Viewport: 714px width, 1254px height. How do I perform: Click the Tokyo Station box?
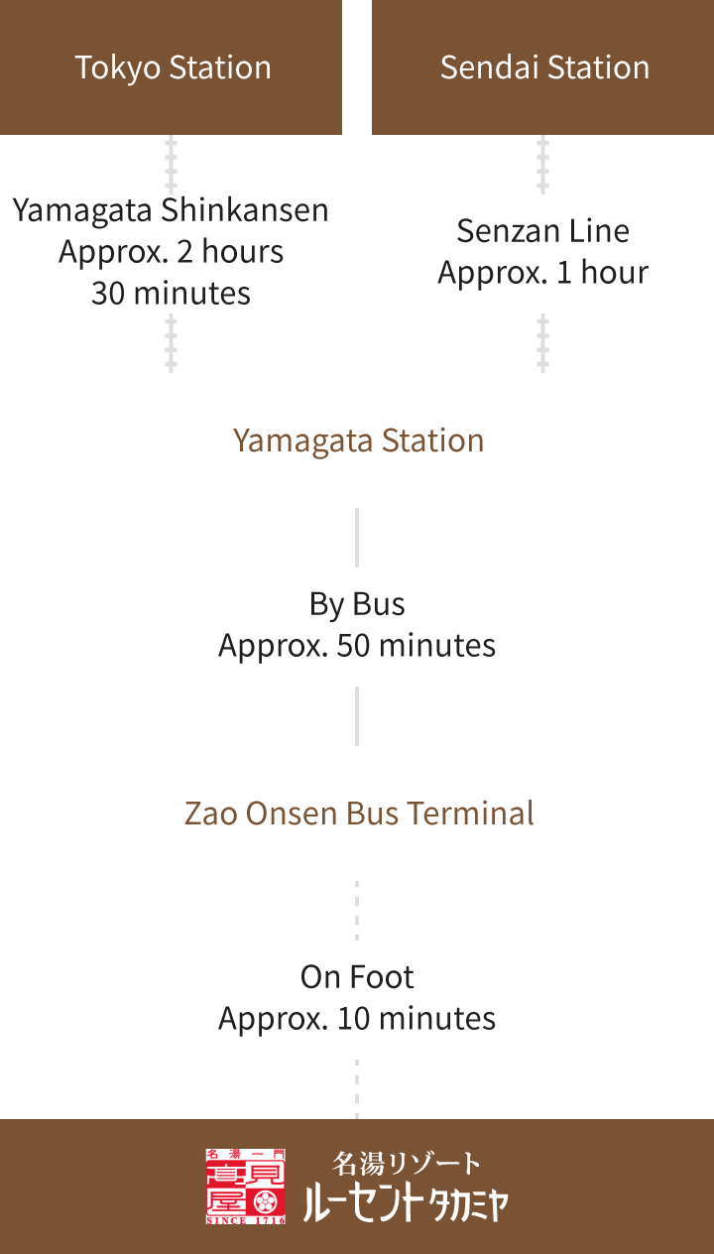tap(172, 67)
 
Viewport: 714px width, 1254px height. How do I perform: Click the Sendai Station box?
tap(543, 67)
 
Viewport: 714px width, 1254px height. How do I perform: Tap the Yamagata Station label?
tap(358, 440)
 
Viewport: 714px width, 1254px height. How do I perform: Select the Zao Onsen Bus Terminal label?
tap(358, 814)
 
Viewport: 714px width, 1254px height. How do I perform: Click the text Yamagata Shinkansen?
tap(171, 210)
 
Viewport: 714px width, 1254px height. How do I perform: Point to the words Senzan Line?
tap(542, 231)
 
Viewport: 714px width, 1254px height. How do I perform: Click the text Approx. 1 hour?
tap(542, 273)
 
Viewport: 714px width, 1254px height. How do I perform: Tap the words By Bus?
tap(357, 603)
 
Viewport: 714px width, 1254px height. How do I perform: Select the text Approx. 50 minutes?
tap(357, 646)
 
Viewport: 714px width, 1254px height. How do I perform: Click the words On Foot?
tap(357, 977)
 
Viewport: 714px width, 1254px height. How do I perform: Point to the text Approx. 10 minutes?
tap(357, 1019)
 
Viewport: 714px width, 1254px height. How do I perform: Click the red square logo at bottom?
tap(246, 1187)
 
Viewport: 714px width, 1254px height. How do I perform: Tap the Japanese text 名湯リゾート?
tap(407, 1163)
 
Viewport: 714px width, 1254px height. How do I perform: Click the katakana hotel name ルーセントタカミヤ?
tap(407, 1203)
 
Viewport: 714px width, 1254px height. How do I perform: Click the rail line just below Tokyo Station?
tap(172, 164)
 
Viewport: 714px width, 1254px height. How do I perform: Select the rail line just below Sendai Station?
tap(542, 164)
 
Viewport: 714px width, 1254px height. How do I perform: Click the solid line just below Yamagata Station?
tap(357, 537)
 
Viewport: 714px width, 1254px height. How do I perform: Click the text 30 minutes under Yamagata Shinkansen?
tap(171, 294)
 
